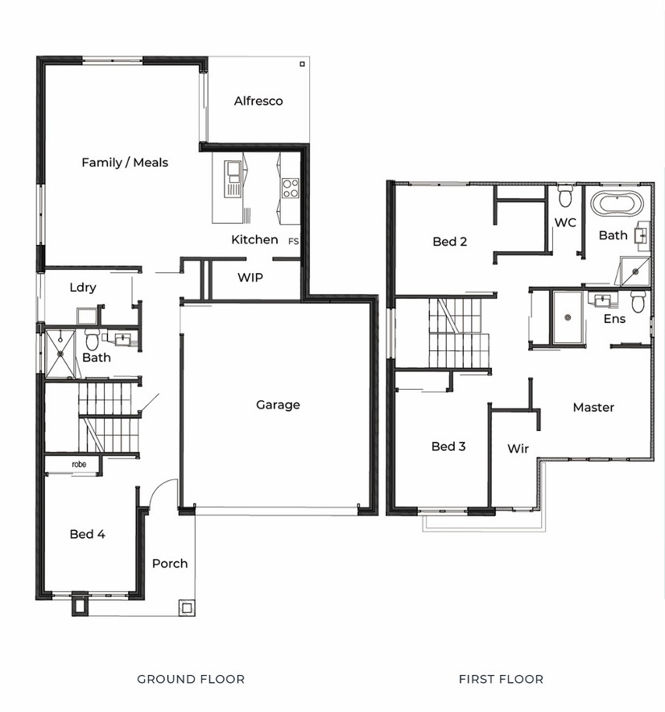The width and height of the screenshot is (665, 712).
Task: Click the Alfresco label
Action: tap(258, 101)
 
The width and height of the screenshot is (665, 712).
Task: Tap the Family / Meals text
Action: tap(125, 163)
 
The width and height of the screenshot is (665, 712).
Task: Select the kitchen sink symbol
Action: tap(233, 179)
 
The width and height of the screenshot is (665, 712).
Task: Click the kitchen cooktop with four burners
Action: tap(291, 188)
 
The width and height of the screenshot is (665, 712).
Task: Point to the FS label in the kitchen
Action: tap(293, 241)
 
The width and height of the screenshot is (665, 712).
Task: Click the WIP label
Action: tap(250, 277)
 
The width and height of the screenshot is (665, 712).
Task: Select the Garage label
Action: tap(278, 404)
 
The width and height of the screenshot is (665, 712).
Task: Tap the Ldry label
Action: tap(83, 288)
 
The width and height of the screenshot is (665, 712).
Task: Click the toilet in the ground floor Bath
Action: tap(92, 339)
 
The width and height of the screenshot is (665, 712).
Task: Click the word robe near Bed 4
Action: tap(79, 464)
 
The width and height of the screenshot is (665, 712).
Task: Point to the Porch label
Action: tap(170, 564)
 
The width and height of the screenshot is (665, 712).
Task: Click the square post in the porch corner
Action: tap(187, 607)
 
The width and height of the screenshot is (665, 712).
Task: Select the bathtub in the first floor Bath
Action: tap(617, 204)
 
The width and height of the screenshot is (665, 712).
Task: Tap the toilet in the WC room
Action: tap(565, 196)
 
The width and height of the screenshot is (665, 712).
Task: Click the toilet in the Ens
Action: tap(638, 301)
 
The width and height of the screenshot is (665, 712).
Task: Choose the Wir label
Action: tap(518, 449)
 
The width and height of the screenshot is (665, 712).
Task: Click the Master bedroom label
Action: tap(593, 408)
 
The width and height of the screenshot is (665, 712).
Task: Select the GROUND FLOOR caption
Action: tap(191, 679)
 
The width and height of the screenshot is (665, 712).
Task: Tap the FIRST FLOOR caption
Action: tap(501, 679)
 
